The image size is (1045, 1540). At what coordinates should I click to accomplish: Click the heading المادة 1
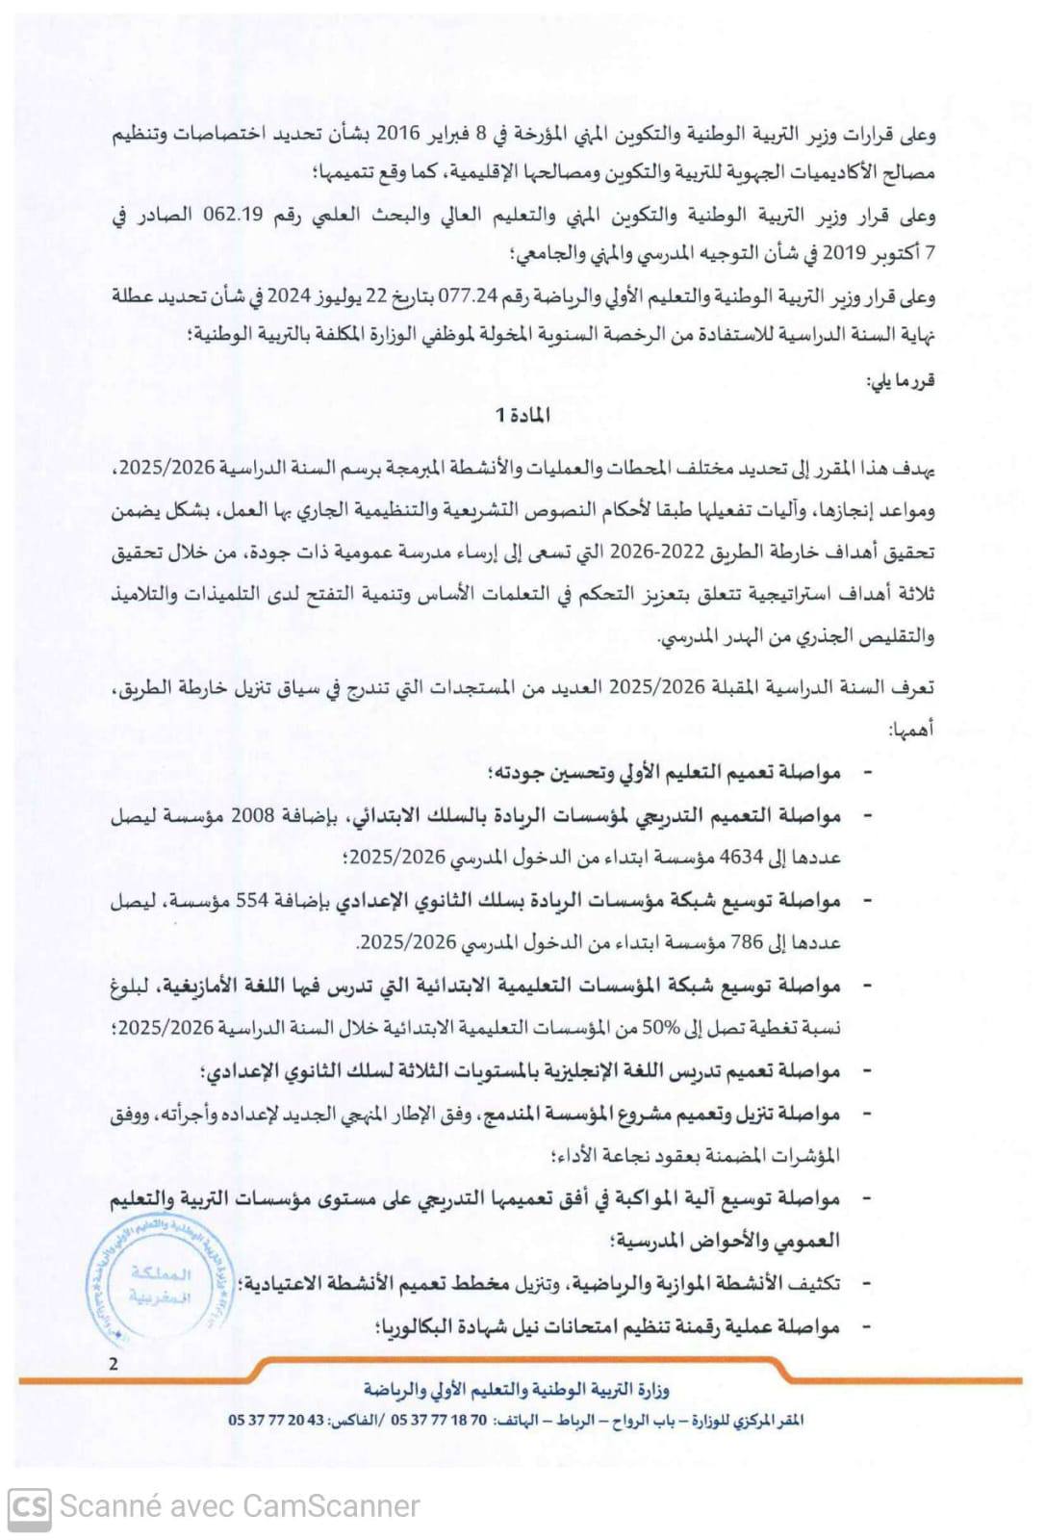click(x=522, y=416)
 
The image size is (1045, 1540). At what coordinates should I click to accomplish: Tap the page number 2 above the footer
click(x=115, y=1363)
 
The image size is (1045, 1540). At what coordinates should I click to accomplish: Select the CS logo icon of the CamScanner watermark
click(x=30, y=1506)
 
